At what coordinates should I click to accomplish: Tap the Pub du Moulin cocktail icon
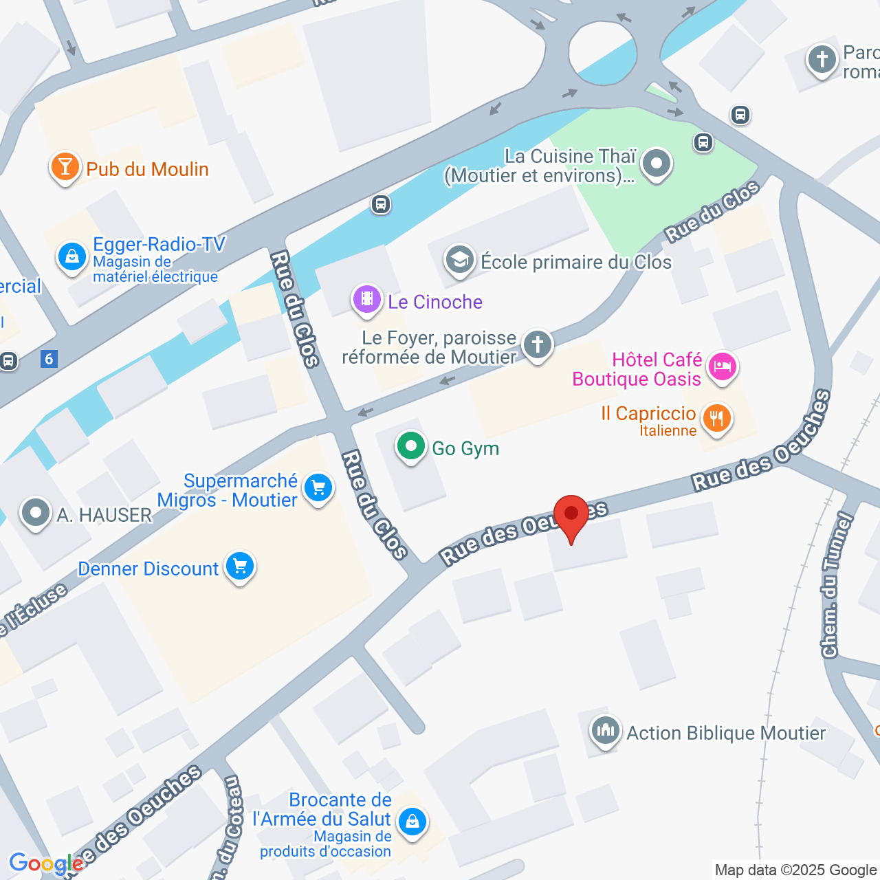[65, 167]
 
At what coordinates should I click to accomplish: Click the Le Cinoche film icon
[367, 300]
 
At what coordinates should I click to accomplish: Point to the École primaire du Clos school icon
[459, 260]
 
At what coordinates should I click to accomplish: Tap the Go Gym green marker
[410, 447]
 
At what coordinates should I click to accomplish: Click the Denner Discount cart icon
[240, 567]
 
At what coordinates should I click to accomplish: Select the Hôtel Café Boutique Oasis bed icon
[721, 366]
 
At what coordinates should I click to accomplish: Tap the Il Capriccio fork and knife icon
[716, 418]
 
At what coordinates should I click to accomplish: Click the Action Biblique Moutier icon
[606, 731]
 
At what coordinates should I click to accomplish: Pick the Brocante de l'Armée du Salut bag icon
[412, 822]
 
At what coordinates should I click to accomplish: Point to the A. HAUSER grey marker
[36, 513]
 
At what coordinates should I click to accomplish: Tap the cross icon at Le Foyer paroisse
[538, 344]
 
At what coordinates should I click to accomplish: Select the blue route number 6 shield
[49, 359]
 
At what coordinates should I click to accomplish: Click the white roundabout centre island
[602, 53]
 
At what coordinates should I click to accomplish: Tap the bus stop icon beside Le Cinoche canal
[381, 204]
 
